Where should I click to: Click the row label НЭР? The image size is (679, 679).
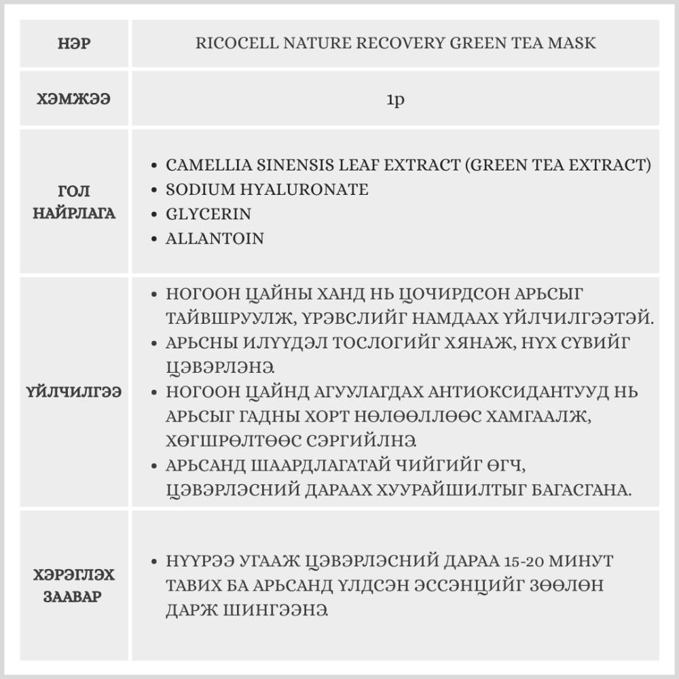pos(75,43)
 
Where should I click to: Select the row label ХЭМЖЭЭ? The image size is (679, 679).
pos(75,100)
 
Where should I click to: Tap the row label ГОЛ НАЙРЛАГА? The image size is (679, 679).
pos(75,202)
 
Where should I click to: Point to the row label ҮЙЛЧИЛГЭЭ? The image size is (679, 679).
pos(75,392)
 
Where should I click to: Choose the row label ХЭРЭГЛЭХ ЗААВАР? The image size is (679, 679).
pos(75,587)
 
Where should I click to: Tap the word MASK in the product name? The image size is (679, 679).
pos(570,43)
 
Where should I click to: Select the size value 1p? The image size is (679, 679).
pos(395,100)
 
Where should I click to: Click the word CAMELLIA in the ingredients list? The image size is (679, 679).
pos(205,165)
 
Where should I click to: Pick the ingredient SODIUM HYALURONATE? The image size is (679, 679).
pos(267,189)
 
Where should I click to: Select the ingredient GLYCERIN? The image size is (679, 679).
pos(208,214)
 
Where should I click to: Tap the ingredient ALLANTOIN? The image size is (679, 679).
pos(215,238)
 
